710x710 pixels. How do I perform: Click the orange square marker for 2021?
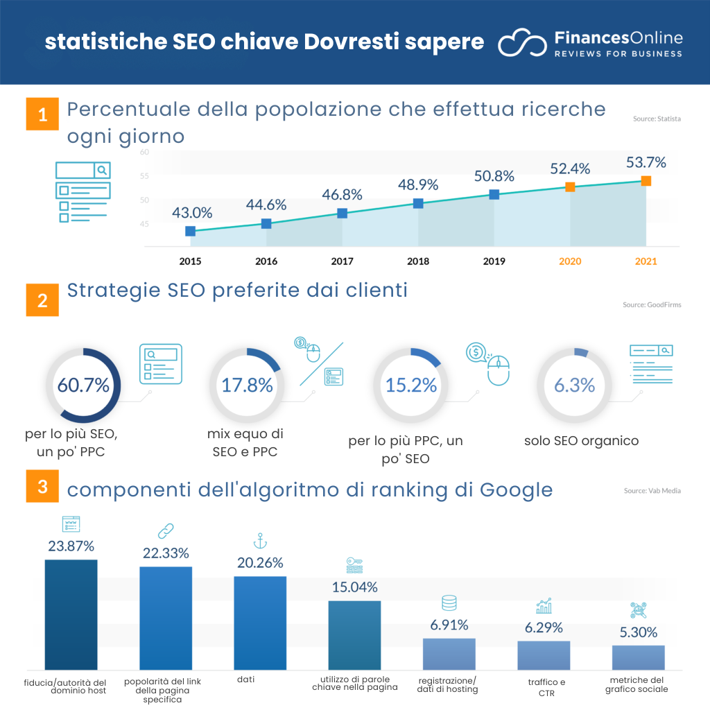[646, 181]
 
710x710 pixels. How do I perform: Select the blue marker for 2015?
[190, 231]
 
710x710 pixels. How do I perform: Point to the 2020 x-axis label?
[570, 261]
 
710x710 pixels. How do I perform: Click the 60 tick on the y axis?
[144, 152]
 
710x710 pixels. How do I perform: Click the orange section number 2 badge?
[42, 300]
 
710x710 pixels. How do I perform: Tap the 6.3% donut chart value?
[574, 386]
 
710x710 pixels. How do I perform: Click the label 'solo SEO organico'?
[581, 441]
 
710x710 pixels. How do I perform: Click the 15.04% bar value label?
[354, 587]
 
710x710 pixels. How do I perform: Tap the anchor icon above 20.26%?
[259, 541]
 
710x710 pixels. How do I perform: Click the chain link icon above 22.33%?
[165, 532]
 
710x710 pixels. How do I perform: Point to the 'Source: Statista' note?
[656, 119]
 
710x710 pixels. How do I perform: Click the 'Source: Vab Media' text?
[652, 491]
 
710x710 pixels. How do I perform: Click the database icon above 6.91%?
[449, 603]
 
